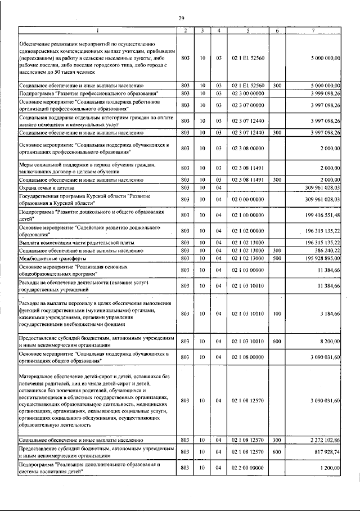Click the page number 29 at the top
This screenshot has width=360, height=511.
click(182, 19)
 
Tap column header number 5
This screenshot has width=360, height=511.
click(247, 30)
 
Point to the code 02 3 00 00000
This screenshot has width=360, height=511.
click(247, 92)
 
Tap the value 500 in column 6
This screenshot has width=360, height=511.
click(277, 258)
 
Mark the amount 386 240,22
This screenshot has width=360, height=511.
click(326, 250)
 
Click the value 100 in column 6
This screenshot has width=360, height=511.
click(277, 313)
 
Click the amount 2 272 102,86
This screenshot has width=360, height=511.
click(325, 440)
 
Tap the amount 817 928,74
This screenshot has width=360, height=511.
click(326, 452)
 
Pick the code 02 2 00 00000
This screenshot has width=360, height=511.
click(247, 468)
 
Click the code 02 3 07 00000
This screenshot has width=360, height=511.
click(247, 105)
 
